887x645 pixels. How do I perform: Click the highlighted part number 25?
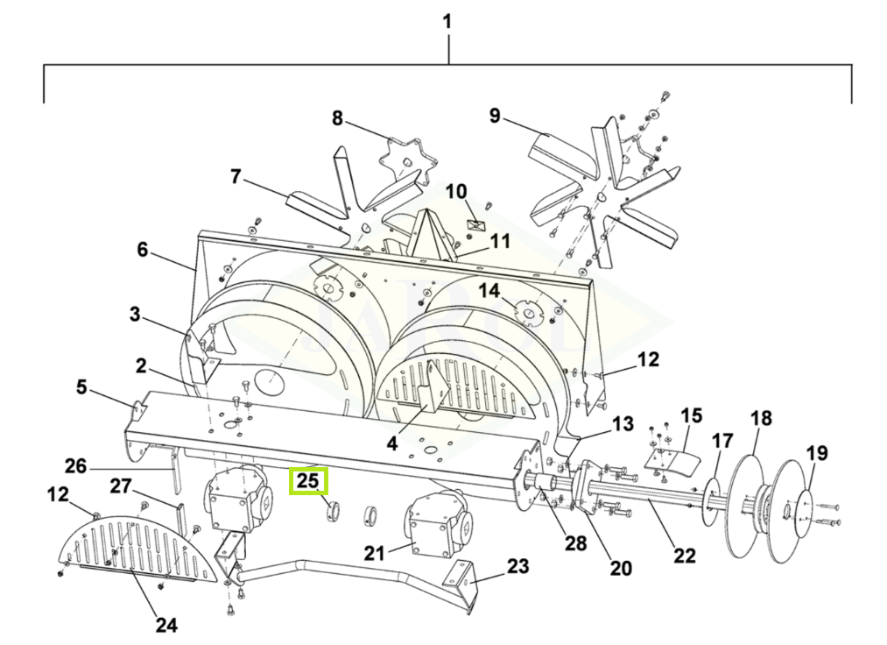(308, 481)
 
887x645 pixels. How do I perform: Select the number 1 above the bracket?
(447, 22)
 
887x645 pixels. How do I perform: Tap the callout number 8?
(337, 118)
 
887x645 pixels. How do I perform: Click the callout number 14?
(489, 291)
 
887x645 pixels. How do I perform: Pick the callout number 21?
(375, 553)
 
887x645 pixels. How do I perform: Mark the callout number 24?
(166, 625)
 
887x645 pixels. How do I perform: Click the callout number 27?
(121, 486)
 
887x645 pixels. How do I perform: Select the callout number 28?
(575, 543)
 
